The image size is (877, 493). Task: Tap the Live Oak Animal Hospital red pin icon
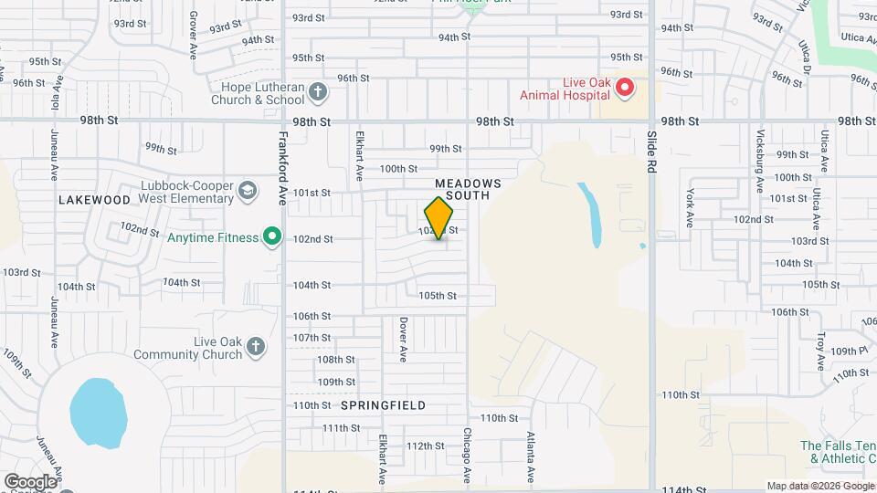coord(625,88)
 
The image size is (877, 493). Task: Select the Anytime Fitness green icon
coord(271,237)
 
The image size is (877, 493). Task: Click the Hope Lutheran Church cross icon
coord(318,91)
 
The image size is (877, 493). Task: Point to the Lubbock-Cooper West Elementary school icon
coord(247,192)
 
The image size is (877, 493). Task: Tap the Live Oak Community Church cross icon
coord(256,347)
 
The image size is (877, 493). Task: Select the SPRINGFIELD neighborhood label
coord(384,404)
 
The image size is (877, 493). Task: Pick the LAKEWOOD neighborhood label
coord(94,199)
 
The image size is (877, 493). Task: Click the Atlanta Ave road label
coord(530,456)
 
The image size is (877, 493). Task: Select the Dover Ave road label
coord(402,334)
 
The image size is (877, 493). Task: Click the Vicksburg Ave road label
coord(759,161)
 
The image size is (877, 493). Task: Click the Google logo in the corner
coord(29,481)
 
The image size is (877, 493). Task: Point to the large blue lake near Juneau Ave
coord(98,413)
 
